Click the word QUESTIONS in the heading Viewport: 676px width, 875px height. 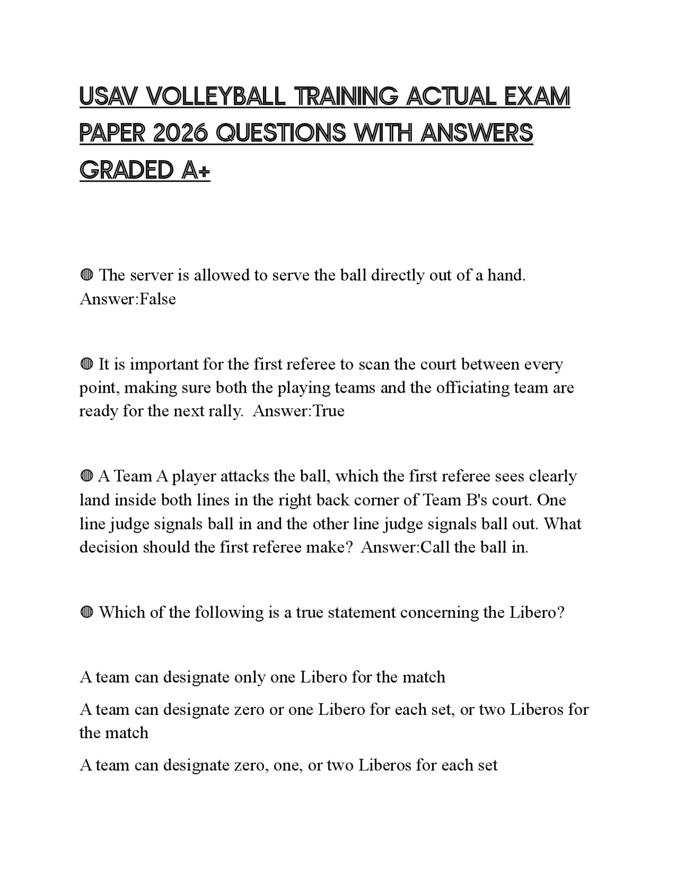(281, 134)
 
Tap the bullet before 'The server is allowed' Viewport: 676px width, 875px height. (87, 275)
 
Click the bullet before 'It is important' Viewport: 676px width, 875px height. (87, 364)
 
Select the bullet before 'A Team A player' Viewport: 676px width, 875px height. (87, 476)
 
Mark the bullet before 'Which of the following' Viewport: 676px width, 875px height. (87, 612)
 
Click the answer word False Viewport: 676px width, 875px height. (158, 299)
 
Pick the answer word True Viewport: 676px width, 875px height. (328, 411)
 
